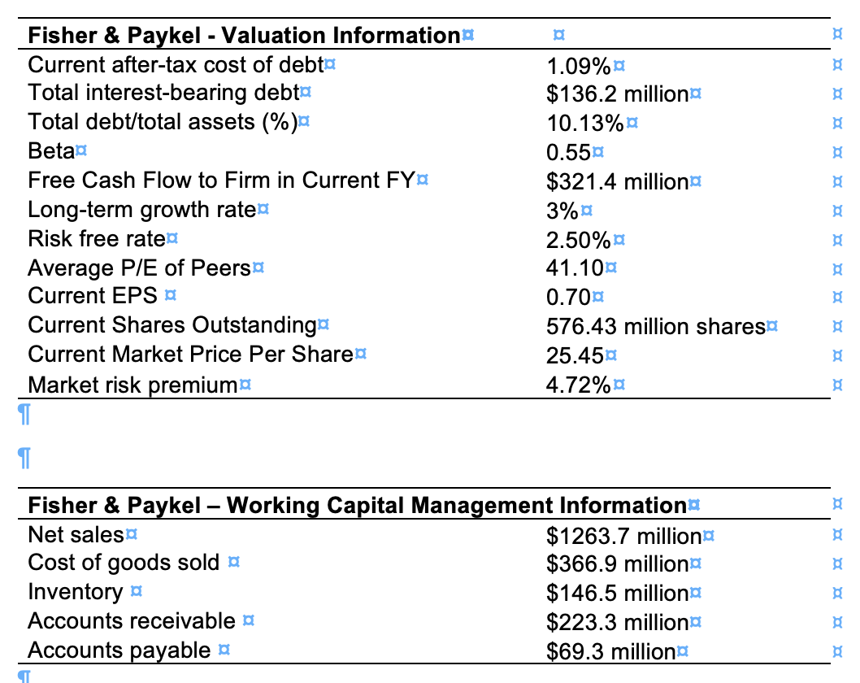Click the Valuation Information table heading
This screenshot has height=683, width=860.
click(244, 36)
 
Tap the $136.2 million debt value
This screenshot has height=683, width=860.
click(617, 94)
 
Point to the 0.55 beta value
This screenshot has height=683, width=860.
click(568, 152)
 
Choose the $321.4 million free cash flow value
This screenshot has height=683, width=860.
click(617, 181)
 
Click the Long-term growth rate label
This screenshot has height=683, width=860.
click(141, 210)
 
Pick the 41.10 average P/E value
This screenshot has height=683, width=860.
click(575, 268)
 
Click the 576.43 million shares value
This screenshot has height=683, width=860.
click(655, 326)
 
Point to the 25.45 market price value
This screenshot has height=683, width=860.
click(575, 355)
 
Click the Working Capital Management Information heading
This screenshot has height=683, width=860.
click(357, 506)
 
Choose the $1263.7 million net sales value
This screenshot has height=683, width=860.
click(623, 536)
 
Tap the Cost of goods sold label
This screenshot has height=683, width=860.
click(124, 563)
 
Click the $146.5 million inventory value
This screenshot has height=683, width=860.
click(617, 593)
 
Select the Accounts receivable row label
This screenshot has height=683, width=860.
click(132, 621)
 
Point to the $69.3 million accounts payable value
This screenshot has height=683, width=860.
click(610, 651)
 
